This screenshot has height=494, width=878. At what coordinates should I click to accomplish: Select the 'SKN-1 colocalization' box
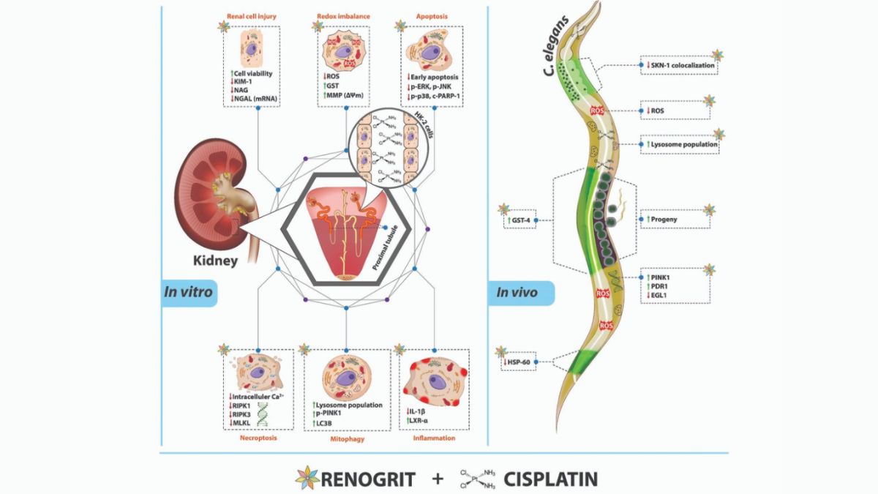pos(678,65)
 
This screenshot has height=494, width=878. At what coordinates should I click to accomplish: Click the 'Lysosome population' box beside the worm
pos(680,145)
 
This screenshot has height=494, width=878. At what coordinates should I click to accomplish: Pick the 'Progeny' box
pos(674,218)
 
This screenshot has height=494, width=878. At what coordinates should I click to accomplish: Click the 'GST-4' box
pos(521,218)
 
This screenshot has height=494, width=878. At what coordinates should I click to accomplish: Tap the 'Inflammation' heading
pos(433,439)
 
